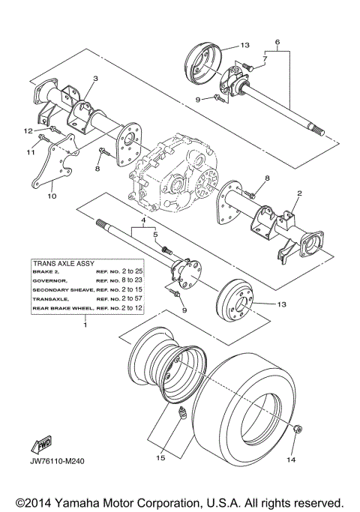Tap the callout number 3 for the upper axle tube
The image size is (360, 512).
pyautogui.click(x=96, y=78)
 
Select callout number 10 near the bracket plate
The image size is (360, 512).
pyautogui.click(x=52, y=196)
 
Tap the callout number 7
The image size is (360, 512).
pyautogui.click(x=264, y=58)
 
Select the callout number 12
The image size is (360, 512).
pyautogui.click(x=27, y=131)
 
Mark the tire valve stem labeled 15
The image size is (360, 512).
pyautogui.click(x=180, y=415)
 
